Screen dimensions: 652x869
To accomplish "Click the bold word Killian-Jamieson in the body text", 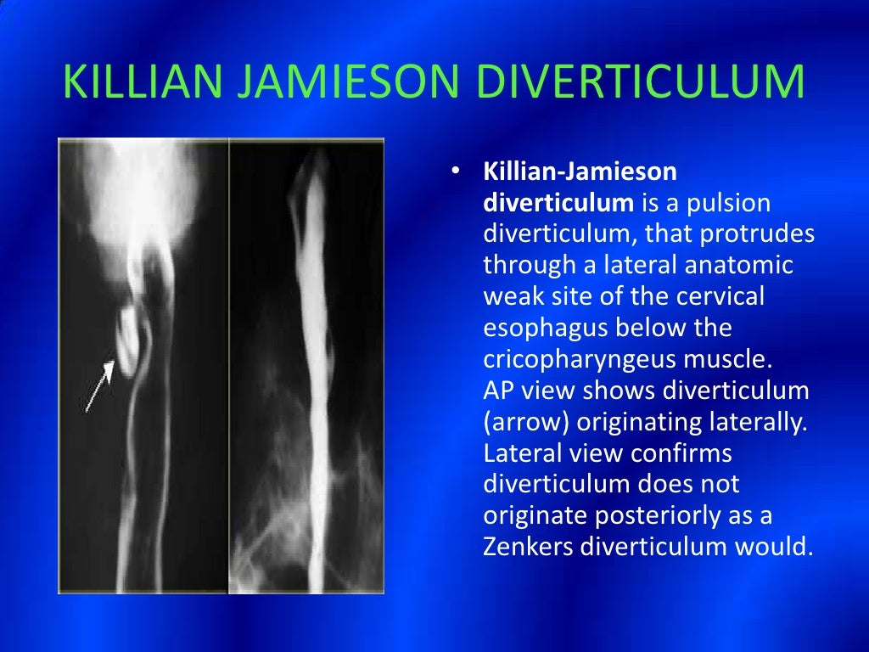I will (x=580, y=172).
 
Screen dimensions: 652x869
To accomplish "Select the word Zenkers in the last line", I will (x=528, y=547).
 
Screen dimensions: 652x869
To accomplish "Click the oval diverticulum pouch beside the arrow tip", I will (x=127, y=339).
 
